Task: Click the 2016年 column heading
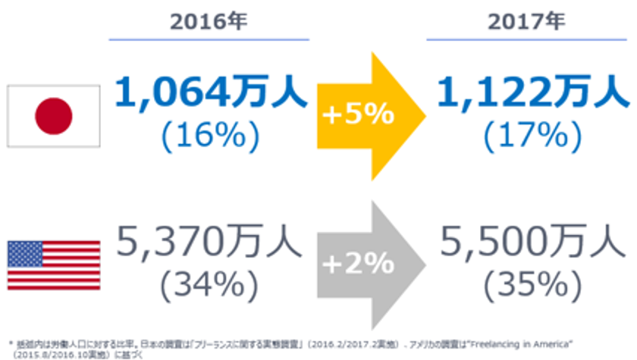(x=209, y=20)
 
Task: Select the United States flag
(x=54, y=261)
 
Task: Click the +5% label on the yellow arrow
(x=358, y=116)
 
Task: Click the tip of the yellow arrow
(x=422, y=116)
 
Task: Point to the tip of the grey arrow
(x=422, y=265)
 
